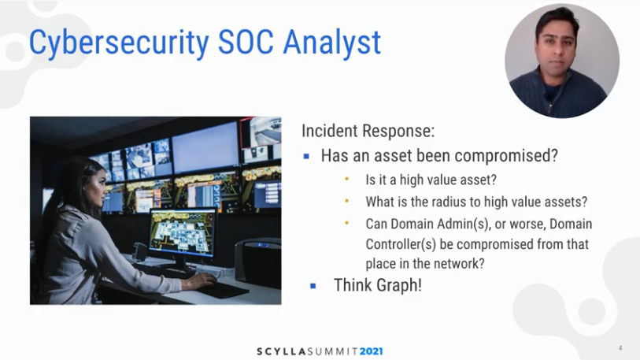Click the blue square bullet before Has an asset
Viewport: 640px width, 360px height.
pyautogui.click(x=306, y=156)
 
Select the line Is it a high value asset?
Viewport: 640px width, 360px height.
pyautogui.click(x=431, y=180)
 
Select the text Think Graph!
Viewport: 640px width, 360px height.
pyautogui.click(x=377, y=285)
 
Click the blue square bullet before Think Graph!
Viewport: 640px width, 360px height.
pyautogui.click(x=313, y=286)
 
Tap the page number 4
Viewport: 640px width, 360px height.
pyautogui.click(x=620, y=348)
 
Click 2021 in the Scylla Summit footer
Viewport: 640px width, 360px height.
pyautogui.click(x=368, y=351)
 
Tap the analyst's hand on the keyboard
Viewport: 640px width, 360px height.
pyautogui.click(x=208, y=281)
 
